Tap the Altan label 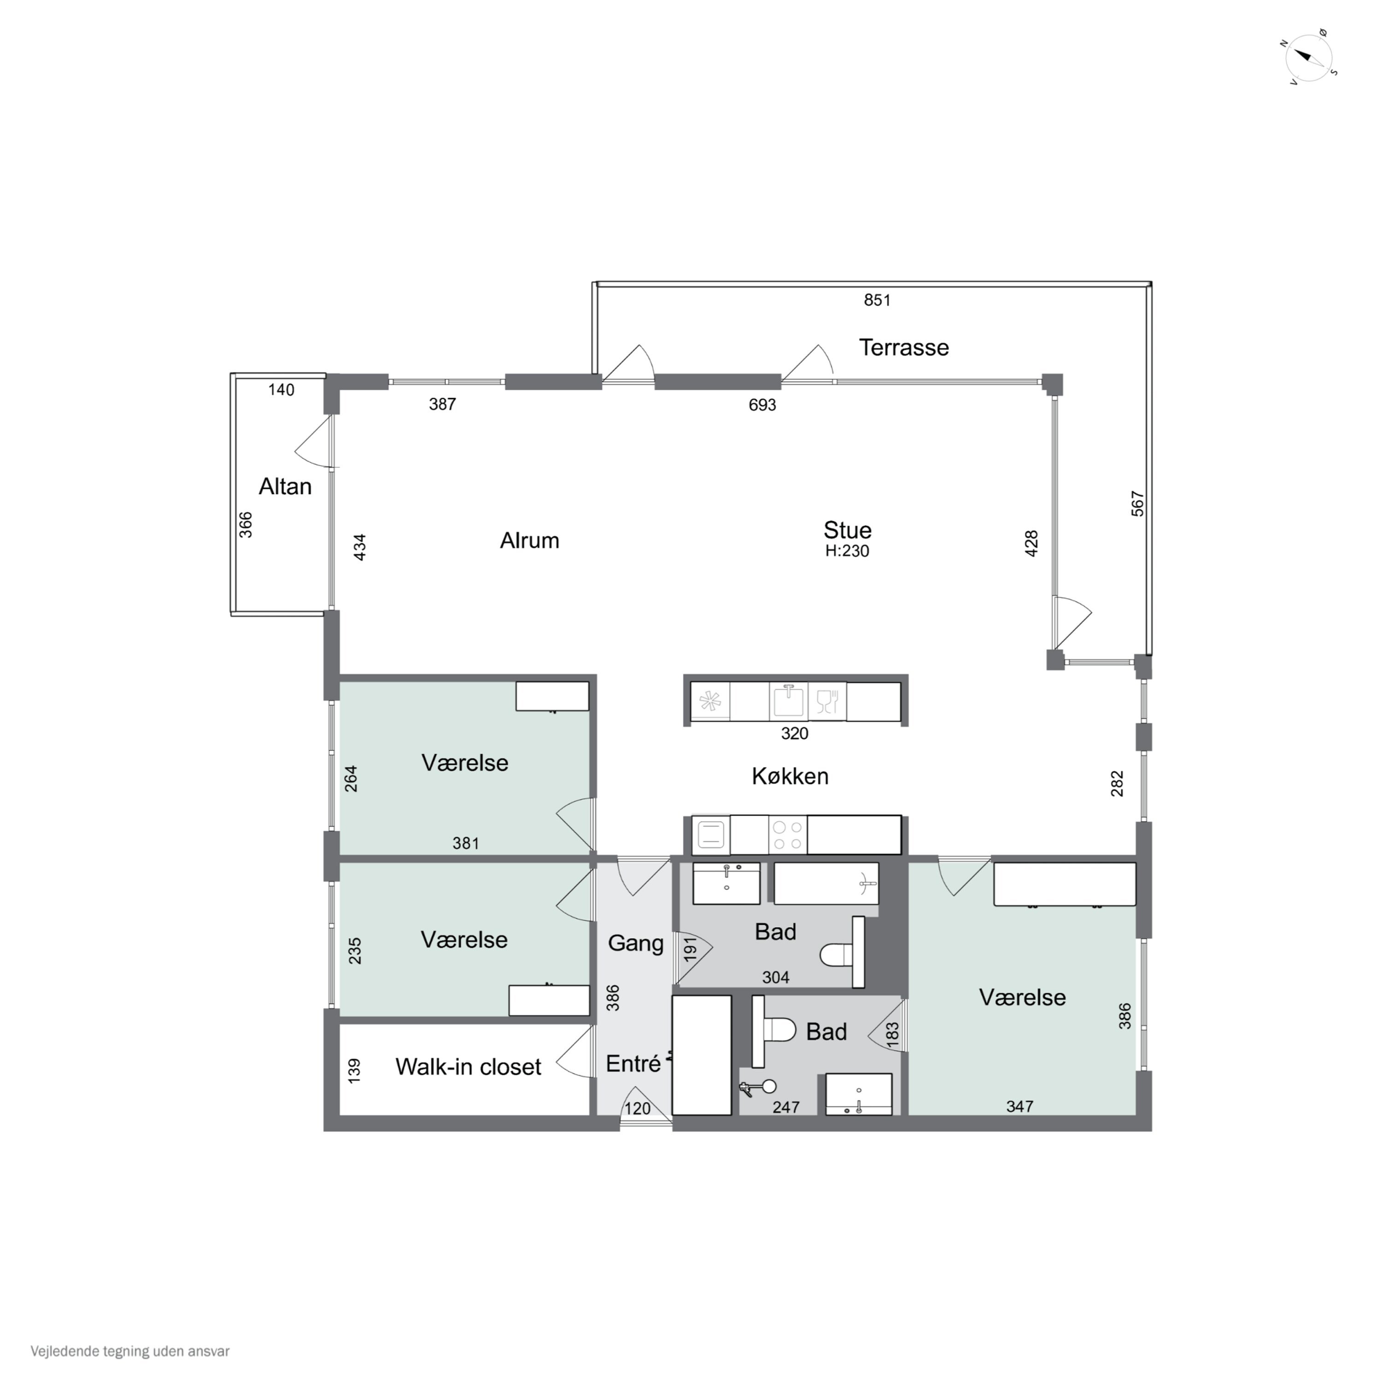(x=285, y=486)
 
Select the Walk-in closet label (x=468, y=1066)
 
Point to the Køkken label (x=790, y=776)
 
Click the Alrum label (x=529, y=540)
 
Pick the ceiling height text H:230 (x=847, y=551)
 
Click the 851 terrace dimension (x=877, y=300)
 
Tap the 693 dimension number (x=762, y=405)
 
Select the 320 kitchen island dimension (x=794, y=733)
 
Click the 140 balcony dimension (x=281, y=390)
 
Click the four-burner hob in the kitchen (x=788, y=834)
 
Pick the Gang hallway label (x=635, y=943)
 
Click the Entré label (x=633, y=1064)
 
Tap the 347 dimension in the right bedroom (x=1019, y=1107)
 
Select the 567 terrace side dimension (x=1137, y=504)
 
